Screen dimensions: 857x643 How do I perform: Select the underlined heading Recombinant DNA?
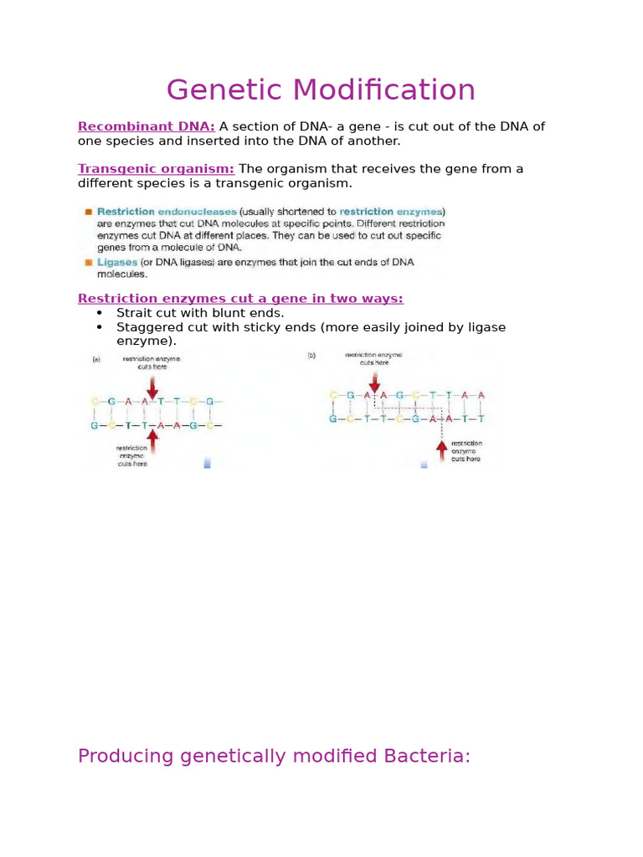(x=146, y=126)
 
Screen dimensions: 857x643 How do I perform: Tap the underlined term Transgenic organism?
(x=156, y=169)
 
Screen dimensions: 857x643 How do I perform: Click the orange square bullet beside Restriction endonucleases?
(x=88, y=213)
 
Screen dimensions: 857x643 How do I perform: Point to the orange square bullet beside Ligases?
(x=88, y=262)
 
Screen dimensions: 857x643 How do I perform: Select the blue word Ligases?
(x=117, y=262)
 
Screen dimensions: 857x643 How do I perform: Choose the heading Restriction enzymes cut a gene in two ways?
(x=240, y=299)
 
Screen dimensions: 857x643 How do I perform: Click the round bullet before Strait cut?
(x=100, y=313)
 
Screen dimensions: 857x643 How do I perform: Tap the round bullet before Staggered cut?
(x=100, y=327)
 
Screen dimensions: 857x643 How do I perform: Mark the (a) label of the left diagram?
(x=95, y=359)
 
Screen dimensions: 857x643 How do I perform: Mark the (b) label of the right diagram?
(x=311, y=356)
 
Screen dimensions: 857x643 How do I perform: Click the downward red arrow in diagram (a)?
(x=152, y=387)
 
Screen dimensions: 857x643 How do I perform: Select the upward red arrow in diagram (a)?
(x=152, y=443)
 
